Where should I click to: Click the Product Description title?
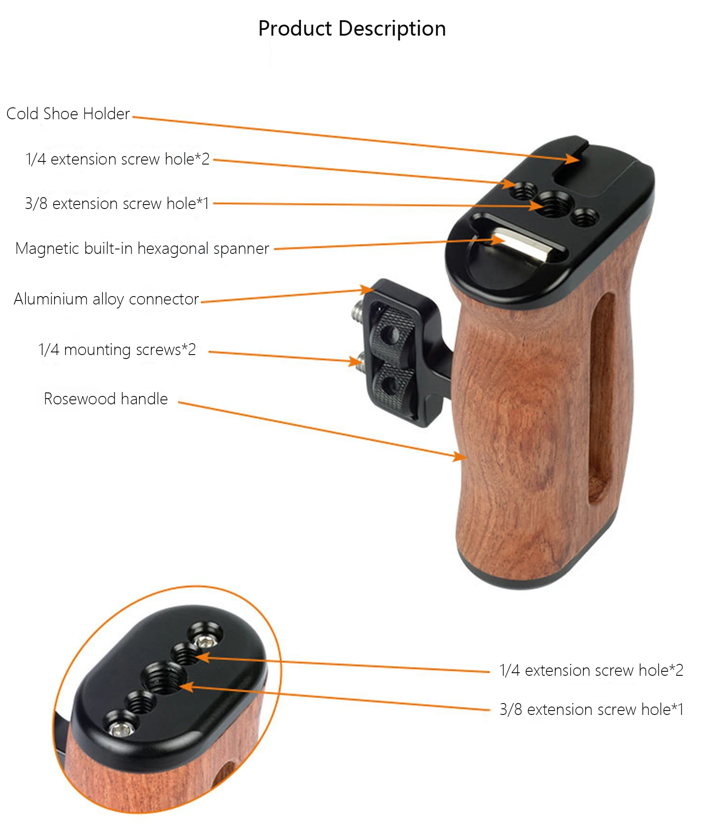click(352, 29)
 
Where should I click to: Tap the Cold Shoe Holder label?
click(68, 114)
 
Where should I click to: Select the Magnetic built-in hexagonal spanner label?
click(142, 249)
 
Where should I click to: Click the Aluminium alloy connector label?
click(106, 299)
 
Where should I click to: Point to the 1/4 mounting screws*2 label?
click(117, 350)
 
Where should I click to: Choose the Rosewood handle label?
click(106, 399)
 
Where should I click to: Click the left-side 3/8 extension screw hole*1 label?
click(117, 204)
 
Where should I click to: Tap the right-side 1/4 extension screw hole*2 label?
click(591, 670)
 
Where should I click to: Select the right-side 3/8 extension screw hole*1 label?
click(591, 709)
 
